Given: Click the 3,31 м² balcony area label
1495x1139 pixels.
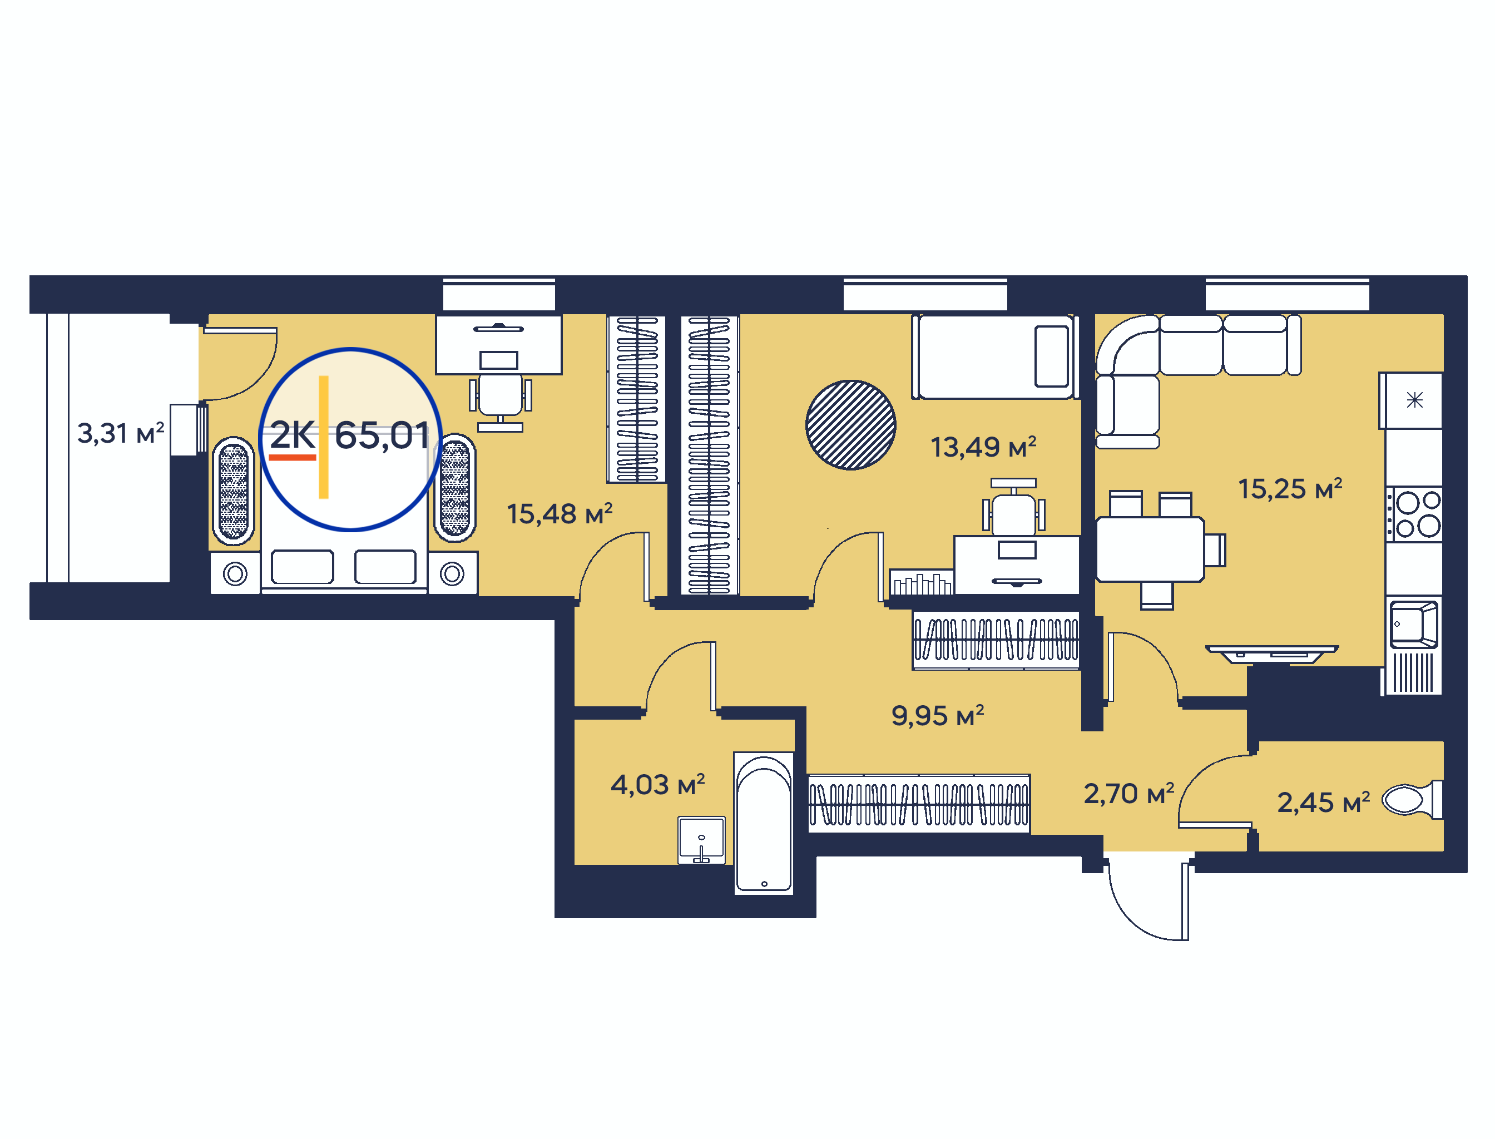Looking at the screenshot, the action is [121, 433].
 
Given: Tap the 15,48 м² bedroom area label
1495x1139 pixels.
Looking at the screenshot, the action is [560, 514].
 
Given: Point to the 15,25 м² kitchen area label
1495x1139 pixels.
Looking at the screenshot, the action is [1290, 489].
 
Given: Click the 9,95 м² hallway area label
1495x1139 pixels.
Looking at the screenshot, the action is [938, 716].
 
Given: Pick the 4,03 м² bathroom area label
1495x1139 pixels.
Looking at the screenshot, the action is [657, 785].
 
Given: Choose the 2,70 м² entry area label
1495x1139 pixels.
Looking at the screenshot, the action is [1129, 794].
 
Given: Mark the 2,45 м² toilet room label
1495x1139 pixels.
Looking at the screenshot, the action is [1324, 803].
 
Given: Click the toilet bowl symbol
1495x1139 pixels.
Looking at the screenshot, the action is [1413, 800].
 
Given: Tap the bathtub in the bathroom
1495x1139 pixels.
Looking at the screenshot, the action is [764, 823].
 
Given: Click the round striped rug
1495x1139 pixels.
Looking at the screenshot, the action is [850, 425].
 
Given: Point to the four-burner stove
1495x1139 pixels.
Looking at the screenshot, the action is [1414, 514].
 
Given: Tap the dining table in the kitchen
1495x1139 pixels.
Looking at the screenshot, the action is [1150, 549].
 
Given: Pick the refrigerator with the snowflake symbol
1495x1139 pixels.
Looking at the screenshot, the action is [1411, 400].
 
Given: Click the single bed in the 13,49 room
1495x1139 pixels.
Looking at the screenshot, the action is [994, 356].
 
